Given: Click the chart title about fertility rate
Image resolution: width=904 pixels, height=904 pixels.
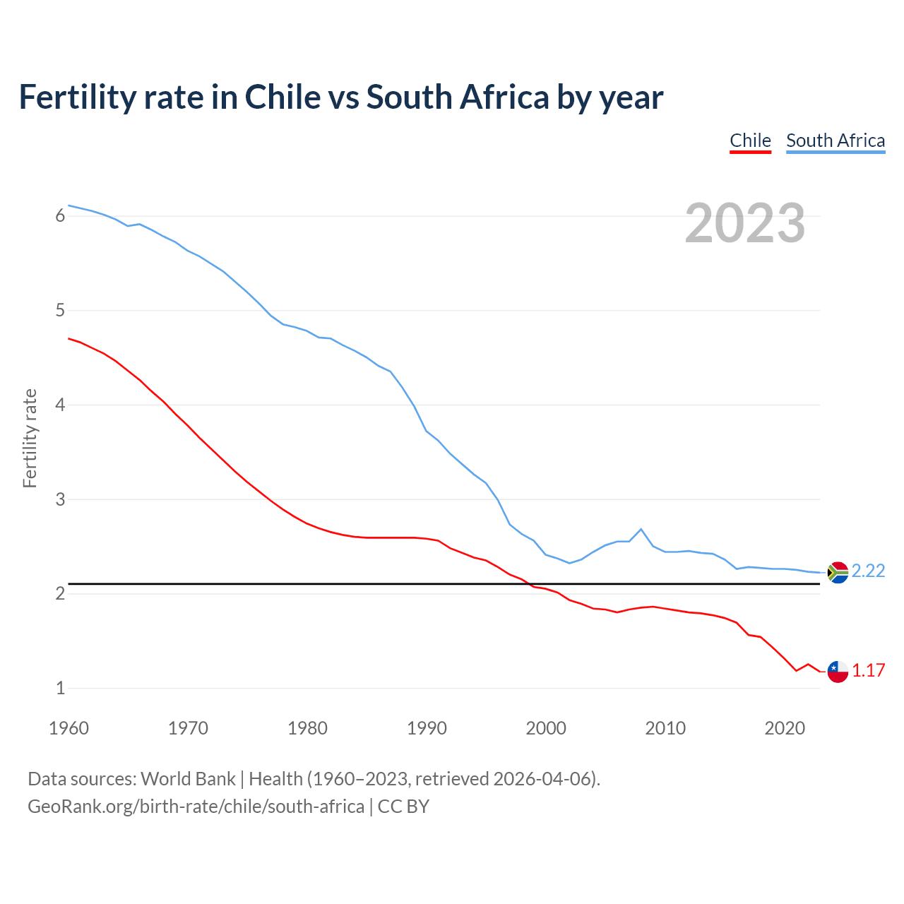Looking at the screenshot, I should coord(340,97).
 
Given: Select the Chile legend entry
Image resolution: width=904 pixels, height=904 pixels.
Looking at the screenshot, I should coord(750,141).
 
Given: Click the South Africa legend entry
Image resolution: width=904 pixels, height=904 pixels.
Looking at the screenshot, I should coord(835,141).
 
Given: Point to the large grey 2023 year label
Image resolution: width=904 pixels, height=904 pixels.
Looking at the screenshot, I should coord(744,223).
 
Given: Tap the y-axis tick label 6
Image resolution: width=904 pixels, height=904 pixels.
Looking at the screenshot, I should coord(60,216).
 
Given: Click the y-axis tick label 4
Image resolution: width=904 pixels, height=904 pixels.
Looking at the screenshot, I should coord(60,405).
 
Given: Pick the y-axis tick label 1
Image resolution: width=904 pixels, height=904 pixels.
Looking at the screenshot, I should coord(60,689).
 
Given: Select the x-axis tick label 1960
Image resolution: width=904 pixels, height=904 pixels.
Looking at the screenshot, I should coord(69,728).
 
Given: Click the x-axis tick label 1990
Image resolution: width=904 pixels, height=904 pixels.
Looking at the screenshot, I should coord(427,728).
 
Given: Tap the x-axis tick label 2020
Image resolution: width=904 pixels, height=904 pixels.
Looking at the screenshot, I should coord(785,728).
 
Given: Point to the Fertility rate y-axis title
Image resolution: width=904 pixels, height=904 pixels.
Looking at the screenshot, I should coord(30,438).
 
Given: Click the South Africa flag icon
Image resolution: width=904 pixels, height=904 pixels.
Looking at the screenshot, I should coord(838,572).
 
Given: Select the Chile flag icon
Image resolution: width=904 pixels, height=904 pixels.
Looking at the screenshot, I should coord(838,672).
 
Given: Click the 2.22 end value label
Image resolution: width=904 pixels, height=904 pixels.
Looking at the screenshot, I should coord(868,571).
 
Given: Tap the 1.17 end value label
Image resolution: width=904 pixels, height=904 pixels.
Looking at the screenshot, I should coord(868,670).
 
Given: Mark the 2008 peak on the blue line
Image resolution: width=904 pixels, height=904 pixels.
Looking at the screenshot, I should coord(641,529).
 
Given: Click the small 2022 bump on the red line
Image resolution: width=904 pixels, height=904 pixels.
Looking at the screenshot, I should coord(808,664).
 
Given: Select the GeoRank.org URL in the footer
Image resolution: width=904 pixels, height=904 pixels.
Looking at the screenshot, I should coord(196,807).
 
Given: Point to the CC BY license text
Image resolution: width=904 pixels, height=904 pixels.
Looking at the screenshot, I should coord(403,807).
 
